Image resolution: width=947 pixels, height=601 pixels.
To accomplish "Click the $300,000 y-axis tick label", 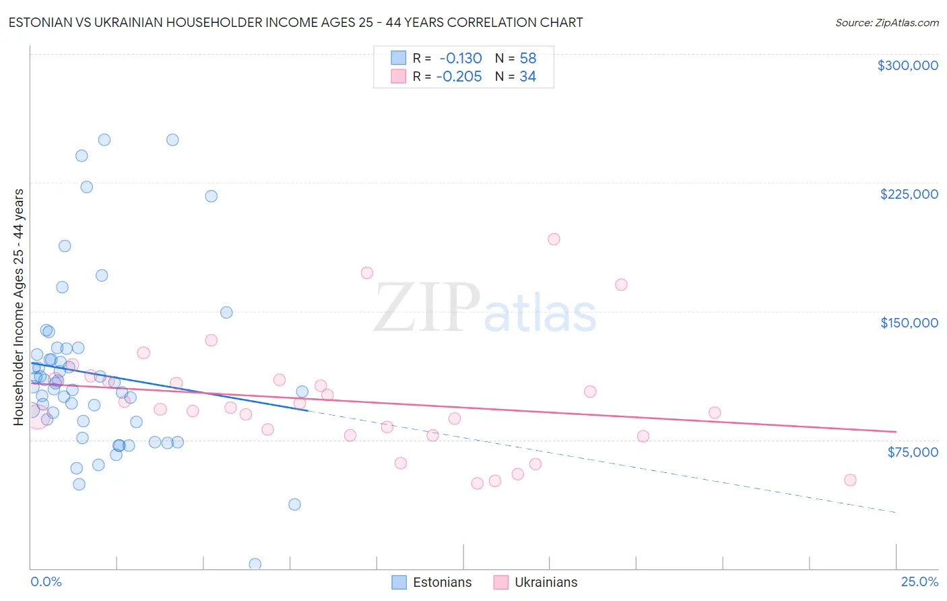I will click(907, 65).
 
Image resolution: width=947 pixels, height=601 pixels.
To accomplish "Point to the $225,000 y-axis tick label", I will click(909, 194).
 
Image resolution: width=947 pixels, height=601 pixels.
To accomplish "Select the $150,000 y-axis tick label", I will click(909, 323).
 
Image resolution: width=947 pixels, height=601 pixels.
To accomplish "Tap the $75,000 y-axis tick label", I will click(912, 452).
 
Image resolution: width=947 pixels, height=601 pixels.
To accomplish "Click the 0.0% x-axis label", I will click(46, 582).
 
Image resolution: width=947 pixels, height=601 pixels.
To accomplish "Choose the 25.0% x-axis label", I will click(919, 582).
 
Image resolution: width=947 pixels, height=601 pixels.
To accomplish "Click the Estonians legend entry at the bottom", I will click(432, 582).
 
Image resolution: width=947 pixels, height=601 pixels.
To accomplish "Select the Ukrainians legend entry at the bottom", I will click(536, 582).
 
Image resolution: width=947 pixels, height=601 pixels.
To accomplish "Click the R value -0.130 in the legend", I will click(460, 59).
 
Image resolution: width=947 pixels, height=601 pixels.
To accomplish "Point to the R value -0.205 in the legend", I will click(459, 77).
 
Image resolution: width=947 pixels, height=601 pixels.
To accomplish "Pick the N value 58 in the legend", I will click(527, 59).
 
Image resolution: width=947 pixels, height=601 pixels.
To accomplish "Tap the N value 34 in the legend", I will click(527, 77).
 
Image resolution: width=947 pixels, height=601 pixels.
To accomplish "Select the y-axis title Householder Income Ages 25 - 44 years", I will click(19, 307).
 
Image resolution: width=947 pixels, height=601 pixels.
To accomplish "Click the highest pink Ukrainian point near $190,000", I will click(554, 239).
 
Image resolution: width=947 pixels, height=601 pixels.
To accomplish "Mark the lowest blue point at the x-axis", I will click(255, 564).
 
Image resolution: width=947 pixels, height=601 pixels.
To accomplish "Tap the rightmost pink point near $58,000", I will click(850, 480).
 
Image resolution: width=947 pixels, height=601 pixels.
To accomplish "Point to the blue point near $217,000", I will click(211, 196).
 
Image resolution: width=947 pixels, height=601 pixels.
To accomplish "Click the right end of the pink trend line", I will click(896, 431).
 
